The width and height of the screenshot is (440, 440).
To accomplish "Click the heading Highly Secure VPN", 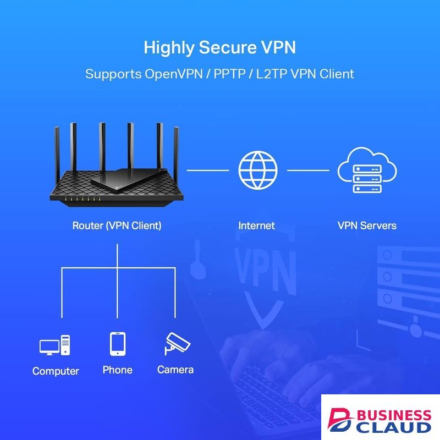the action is click(219, 47).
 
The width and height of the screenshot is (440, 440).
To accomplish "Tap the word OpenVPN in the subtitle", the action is click(174, 74).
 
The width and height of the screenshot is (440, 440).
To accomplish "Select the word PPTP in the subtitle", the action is click(229, 74).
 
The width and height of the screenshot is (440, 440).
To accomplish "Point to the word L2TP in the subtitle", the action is click(271, 74).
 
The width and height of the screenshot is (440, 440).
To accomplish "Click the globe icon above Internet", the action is click(258, 170).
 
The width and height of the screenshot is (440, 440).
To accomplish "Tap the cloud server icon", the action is click(367, 170).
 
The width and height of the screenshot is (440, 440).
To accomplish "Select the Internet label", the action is click(256, 226).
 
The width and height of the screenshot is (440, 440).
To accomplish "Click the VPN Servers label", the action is click(367, 226).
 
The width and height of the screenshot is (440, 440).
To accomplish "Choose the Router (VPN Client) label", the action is click(117, 226).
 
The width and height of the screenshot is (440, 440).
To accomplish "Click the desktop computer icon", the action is click(54, 345).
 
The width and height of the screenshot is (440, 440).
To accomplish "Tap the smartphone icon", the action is click(118, 344).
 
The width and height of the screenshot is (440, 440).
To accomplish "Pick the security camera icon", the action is click(177, 343).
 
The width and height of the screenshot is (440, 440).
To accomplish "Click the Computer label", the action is click(56, 371).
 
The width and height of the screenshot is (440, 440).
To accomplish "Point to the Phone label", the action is click(118, 370).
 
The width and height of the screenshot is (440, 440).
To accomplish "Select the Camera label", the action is click(175, 370).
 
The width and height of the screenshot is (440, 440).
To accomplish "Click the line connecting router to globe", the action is click(208, 170).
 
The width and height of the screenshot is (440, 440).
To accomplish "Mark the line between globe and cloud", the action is click(308, 170).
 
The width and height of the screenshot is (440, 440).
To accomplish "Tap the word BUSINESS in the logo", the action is click(394, 415).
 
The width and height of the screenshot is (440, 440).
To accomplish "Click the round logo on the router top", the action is click(117, 186).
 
